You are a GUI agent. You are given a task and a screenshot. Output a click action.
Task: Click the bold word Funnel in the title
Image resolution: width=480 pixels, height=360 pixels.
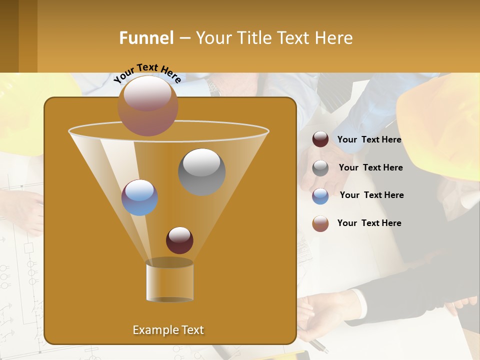point(146,38)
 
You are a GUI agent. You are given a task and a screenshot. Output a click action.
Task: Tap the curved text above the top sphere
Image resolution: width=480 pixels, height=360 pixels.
point(147,72)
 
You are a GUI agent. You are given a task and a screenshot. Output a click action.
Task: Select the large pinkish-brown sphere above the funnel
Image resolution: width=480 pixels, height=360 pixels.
point(148,105)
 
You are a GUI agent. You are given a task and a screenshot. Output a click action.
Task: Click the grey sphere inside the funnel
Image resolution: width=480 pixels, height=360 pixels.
point(202,171)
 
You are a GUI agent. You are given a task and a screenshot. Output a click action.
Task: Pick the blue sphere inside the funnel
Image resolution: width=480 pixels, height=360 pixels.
point(140,197)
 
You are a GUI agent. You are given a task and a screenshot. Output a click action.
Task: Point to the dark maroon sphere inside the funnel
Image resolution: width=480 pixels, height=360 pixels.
point(179,240)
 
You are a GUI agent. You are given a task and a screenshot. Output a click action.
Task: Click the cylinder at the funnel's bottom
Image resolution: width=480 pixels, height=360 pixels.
point(170,281)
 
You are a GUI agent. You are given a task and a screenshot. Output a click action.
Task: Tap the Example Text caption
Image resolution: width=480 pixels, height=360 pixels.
point(168,330)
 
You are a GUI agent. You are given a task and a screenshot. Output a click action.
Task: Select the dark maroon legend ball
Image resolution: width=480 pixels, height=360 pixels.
point(320,139)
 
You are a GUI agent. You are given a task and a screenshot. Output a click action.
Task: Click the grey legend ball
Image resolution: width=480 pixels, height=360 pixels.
point(320,168)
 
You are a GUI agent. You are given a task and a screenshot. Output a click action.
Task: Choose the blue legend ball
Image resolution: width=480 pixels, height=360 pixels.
point(320,196)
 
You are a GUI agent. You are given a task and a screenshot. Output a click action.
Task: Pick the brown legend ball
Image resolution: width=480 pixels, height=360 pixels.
point(320,223)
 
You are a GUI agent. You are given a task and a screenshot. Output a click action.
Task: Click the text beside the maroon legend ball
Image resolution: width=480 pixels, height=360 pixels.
point(369,140)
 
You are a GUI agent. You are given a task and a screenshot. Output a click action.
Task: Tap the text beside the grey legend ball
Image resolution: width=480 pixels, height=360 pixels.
point(370,168)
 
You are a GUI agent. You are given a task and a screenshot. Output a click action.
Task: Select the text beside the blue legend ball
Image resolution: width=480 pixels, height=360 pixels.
point(371,195)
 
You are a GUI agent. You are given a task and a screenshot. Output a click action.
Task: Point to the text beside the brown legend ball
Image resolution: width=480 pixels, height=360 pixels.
point(369,223)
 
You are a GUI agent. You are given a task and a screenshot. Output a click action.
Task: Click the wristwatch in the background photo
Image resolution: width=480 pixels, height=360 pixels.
point(214,88)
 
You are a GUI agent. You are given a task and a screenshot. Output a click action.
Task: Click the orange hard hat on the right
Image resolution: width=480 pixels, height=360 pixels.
point(440,120)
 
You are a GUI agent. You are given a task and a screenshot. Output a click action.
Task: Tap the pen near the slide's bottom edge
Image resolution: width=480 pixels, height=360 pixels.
point(317,345)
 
